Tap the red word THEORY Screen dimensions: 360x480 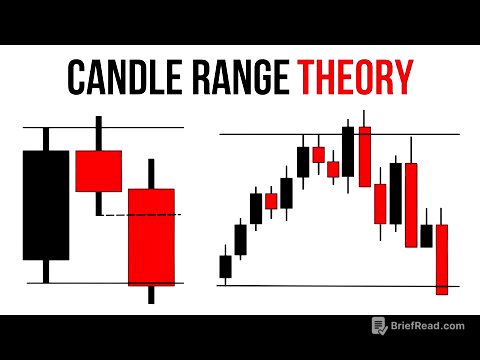coord(352,76)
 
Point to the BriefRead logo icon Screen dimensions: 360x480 coord(379,326)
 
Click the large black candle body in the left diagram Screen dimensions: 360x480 coord(45,205)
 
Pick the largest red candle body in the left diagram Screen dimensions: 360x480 coord(151,236)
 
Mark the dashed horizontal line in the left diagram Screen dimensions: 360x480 coord(150,215)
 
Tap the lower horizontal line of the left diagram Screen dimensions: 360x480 coord(100,283)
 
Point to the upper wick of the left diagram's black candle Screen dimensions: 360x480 coord(45,139)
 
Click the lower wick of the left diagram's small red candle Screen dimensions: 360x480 coord(98,203)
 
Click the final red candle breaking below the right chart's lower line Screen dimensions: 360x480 coord(442,258)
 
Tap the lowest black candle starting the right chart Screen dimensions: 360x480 coord(225,267)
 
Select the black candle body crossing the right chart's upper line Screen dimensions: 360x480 coord(348,150)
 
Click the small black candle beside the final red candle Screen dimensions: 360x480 coord(427,236)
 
